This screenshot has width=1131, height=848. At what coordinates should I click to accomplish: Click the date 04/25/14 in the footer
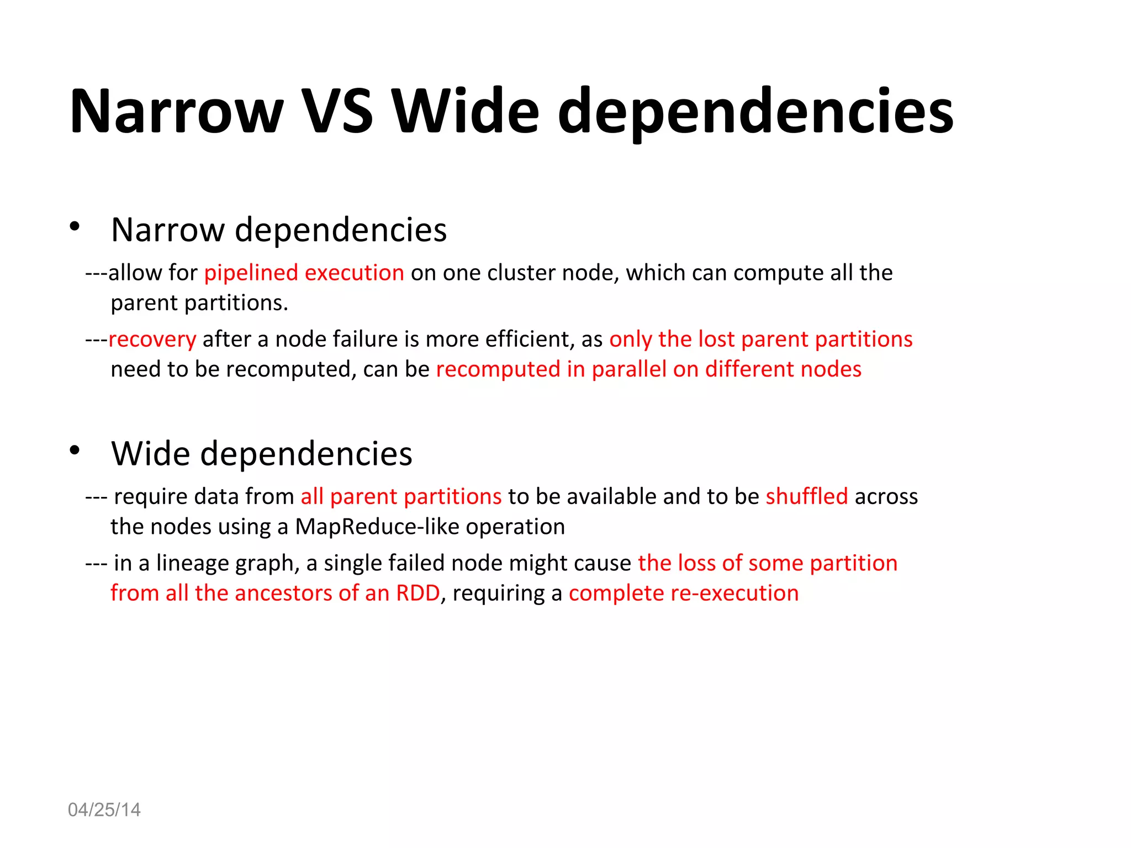(x=104, y=810)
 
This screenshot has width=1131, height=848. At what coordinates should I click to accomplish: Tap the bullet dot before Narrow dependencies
(x=75, y=226)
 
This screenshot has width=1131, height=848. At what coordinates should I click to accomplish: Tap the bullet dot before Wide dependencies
(x=75, y=451)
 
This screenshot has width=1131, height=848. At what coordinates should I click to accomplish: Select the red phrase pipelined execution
(x=304, y=273)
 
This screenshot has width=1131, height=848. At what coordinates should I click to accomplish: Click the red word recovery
(x=152, y=340)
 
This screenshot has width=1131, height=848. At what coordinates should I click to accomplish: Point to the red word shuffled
(x=806, y=496)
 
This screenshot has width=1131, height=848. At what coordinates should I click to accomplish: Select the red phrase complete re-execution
(x=684, y=593)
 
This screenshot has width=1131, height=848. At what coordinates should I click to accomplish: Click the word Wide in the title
(x=465, y=112)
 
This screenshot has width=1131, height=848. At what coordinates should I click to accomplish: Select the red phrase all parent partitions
(x=401, y=496)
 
